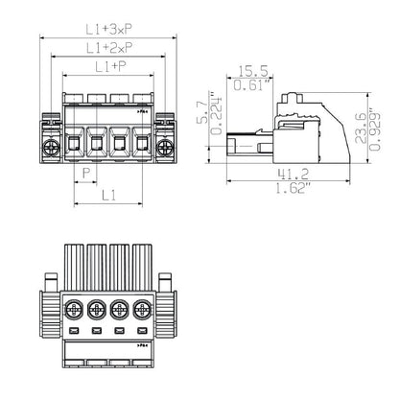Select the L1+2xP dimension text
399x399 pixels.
click(108, 46)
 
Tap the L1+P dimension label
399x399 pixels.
click(108, 65)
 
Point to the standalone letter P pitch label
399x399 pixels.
click(87, 173)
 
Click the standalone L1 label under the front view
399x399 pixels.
click(108, 194)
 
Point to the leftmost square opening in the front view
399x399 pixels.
click(75, 145)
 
